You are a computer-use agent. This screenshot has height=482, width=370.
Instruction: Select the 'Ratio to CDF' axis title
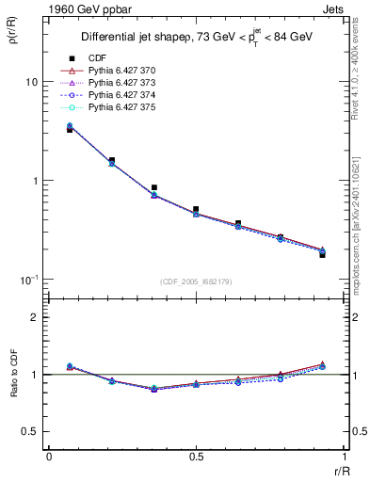12,374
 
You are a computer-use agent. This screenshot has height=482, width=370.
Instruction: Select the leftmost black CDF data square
70,130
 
